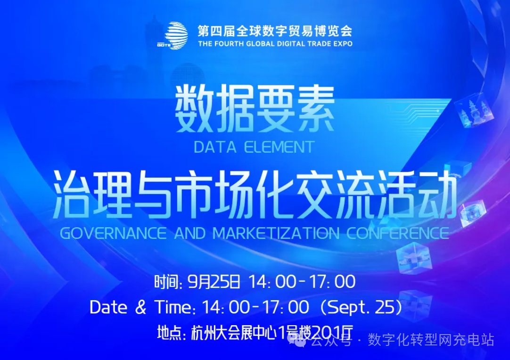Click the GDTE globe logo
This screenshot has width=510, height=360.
click(x=176, y=34)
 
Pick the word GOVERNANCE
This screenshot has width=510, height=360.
click(x=113, y=233)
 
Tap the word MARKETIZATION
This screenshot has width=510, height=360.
click(x=276, y=233)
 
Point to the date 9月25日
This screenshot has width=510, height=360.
click(x=214, y=282)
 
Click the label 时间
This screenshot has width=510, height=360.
click(x=167, y=283)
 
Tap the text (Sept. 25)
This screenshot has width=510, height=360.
click(x=362, y=308)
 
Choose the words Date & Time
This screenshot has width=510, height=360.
click(x=142, y=308)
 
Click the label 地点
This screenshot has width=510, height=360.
click(x=171, y=333)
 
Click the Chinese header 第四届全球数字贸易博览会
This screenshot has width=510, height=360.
click(x=275, y=31)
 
